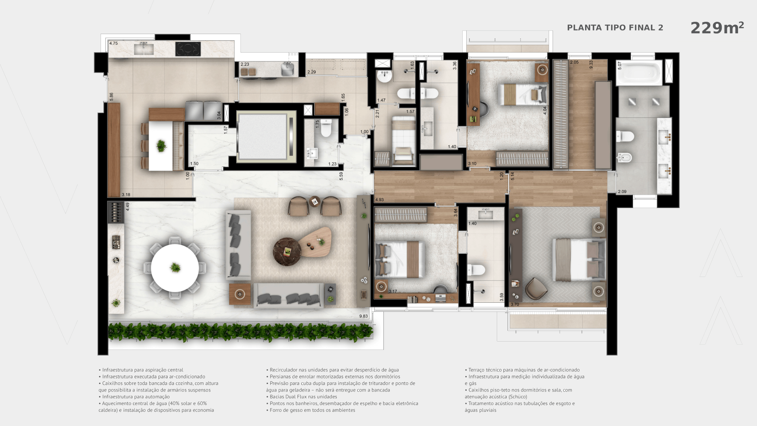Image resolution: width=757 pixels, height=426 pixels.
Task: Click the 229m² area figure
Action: click(x=717, y=28)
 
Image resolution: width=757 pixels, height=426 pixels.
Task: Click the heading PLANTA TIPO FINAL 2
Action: click(x=615, y=28)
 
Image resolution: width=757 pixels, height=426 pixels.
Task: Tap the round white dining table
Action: click(x=175, y=268)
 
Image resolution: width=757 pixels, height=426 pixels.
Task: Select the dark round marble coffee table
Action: click(x=287, y=252)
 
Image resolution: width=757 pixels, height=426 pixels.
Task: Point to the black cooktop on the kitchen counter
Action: click(x=188, y=49)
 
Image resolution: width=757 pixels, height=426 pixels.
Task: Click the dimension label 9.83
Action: click(x=363, y=316)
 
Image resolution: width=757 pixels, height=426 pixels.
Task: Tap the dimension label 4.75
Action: click(x=114, y=44)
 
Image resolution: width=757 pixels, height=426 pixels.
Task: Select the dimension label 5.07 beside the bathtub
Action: click(x=620, y=66)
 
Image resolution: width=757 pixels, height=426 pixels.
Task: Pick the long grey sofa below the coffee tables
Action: click(x=288, y=296)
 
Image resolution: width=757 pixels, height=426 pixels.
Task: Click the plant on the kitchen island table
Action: click(x=161, y=146)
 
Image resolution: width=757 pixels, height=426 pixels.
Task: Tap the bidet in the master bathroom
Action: click(x=624, y=158)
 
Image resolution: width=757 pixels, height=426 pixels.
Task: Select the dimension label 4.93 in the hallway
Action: click(x=379, y=200)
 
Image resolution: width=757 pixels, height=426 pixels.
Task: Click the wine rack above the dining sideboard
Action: click(x=116, y=212)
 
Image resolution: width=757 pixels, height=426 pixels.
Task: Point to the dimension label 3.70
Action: click(x=515, y=304)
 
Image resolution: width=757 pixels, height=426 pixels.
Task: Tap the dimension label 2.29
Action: click(x=312, y=72)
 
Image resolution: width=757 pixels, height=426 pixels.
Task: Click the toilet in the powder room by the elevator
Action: click(x=326, y=128)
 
